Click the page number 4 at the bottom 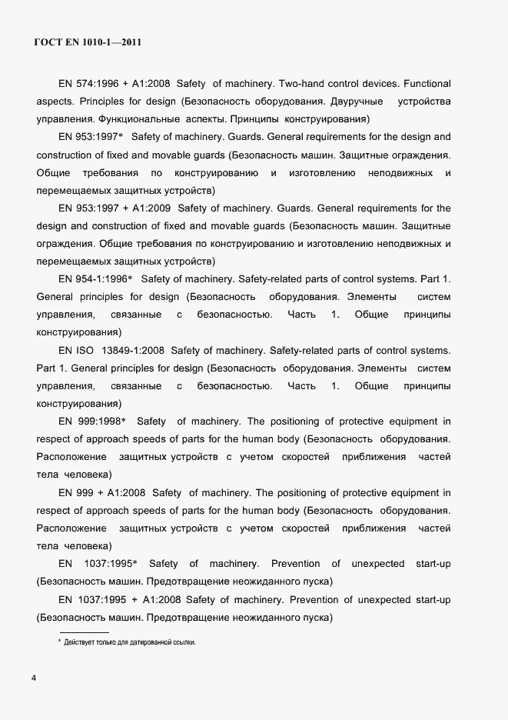tap(34, 678)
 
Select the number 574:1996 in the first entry tap(95, 83)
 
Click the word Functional tap(427, 83)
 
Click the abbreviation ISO tap(85, 349)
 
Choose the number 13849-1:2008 tap(135, 349)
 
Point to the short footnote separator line tap(84, 632)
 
